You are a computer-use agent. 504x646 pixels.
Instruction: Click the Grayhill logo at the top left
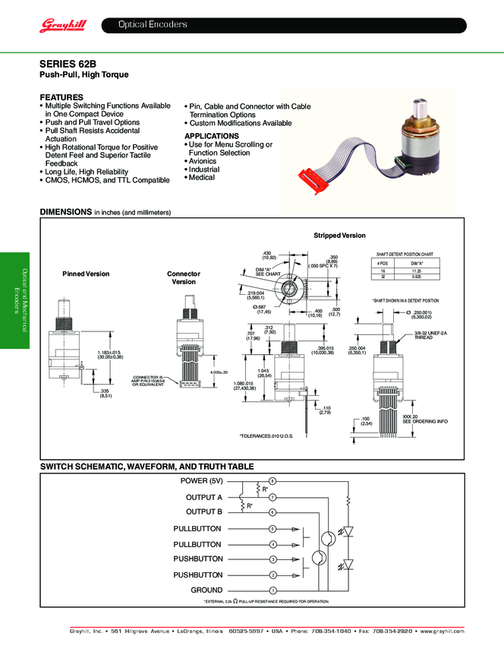pyautogui.click(x=63, y=26)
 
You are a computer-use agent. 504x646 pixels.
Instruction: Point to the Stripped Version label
pyautogui.click(x=339, y=236)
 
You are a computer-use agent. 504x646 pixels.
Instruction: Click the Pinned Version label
pyautogui.click(x=86, y=274)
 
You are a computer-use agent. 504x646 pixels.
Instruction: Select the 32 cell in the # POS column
pyautogui.click(x=383, y=277)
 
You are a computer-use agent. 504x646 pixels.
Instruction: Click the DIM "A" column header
pyautogui.click(x=416, y=262)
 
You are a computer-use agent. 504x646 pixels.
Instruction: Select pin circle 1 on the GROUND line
pyautogui.click(x=272, y=591)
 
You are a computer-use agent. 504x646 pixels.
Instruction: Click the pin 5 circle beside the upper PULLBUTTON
pyautogui.click(x=272, y=528)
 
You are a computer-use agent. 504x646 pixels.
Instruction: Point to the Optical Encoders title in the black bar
pyautogui.click(x=153, y=25)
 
